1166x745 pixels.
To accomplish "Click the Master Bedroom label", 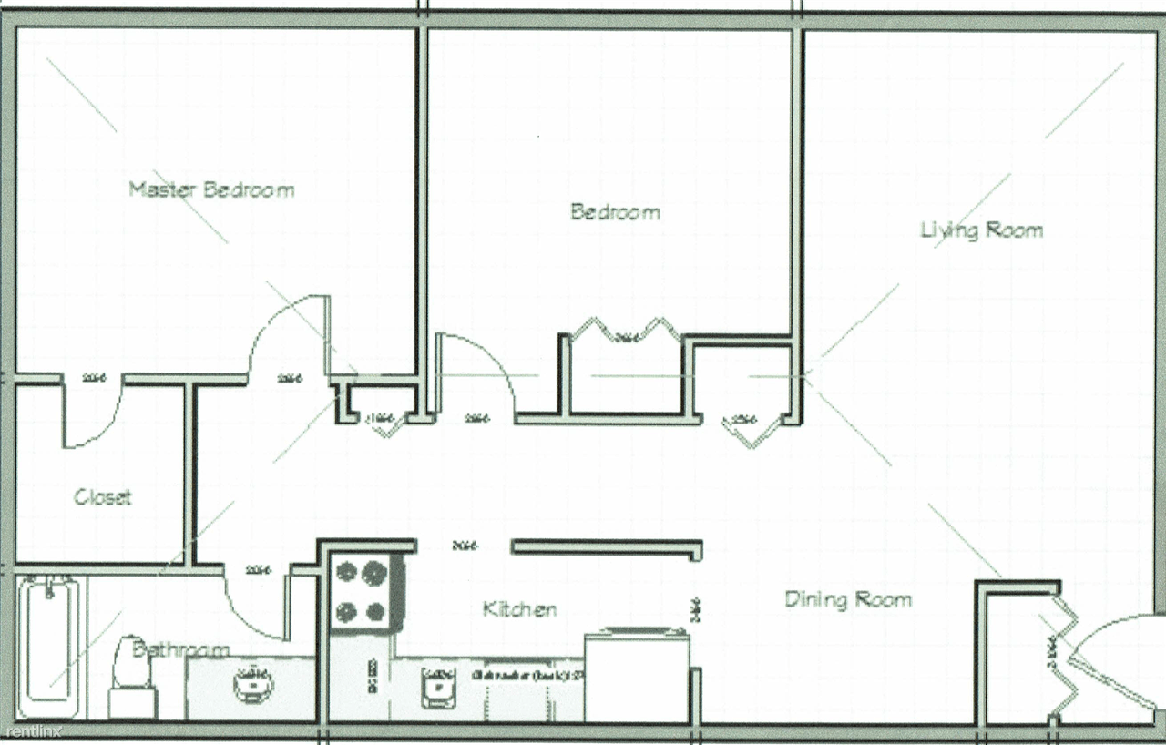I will point(211,190).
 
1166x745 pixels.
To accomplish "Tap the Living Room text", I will point(981,230).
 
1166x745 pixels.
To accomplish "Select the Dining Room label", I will point(847,599).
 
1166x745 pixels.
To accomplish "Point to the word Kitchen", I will point(519,609).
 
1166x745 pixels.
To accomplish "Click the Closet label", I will point(103,497).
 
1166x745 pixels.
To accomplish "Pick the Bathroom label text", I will point(180,650).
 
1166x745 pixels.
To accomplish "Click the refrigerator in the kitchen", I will point(636,675).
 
